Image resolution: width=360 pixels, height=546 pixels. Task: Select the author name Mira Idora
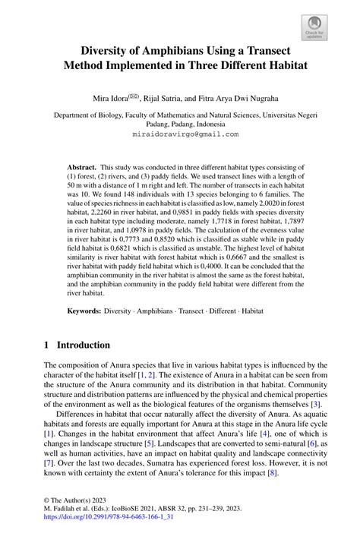point(112,98)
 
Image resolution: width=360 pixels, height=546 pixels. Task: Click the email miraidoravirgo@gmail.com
point(179,133)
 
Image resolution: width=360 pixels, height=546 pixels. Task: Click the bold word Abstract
point(81,166)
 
